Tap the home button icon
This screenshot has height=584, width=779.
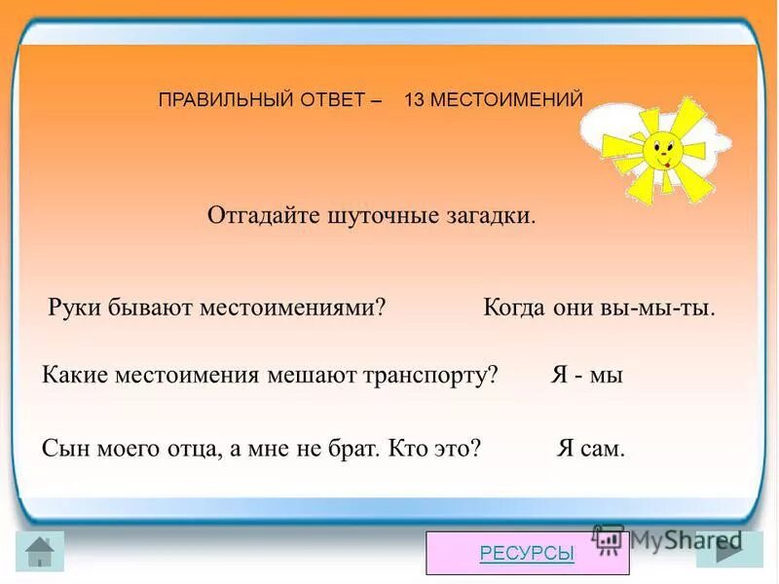point(41,552)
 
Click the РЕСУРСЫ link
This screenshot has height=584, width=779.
point(527,553)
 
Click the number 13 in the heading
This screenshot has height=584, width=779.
point(413,99)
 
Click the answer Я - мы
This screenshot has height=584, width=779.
point(586,376)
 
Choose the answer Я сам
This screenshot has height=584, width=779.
point(591,448)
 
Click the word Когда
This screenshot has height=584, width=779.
point(514,308)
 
